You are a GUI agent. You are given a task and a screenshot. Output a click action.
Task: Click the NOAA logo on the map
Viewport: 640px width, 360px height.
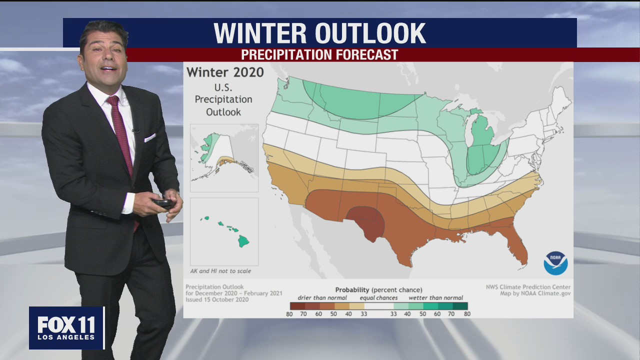tap(555, 263)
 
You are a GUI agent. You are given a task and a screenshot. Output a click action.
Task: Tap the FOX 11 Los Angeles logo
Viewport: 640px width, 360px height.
tap(66, 328)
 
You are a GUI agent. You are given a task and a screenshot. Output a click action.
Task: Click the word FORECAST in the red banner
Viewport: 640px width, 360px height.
tap(369, 54)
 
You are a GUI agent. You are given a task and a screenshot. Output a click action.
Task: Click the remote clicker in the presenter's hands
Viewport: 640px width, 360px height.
tap(163, 203)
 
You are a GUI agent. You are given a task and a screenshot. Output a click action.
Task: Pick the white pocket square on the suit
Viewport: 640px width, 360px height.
tap(149, 137)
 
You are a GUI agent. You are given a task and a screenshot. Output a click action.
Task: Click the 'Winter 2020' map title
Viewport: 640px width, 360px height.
tap(225, 72)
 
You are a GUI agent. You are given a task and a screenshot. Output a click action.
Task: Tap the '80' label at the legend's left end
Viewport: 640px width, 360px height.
tap(289, 314)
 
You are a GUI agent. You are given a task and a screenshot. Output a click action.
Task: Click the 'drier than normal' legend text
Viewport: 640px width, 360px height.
tap(322, 298)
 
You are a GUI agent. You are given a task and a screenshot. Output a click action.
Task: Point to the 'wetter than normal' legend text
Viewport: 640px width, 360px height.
tap(435, 298)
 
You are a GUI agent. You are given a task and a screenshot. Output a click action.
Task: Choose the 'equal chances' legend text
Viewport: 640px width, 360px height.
tap(378, 298)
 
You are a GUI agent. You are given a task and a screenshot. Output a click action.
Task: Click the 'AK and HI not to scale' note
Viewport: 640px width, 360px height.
tap(220, 271)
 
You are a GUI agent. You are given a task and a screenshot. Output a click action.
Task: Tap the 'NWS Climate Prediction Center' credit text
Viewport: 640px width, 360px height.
tap(528, 287)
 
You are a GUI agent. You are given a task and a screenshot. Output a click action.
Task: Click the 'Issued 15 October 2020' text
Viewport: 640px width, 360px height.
tap(217, 299)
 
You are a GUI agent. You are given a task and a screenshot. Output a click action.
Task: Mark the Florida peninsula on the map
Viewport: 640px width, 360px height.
tap(518, 247)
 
